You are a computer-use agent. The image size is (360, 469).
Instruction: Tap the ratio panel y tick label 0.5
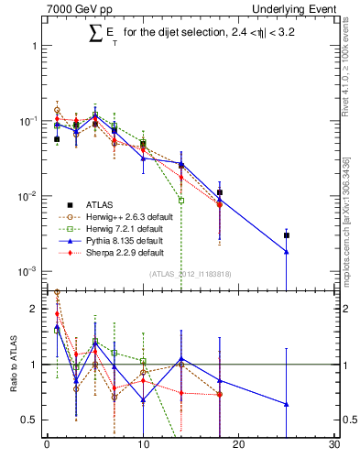30,420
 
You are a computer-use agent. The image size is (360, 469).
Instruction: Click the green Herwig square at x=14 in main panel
181,201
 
